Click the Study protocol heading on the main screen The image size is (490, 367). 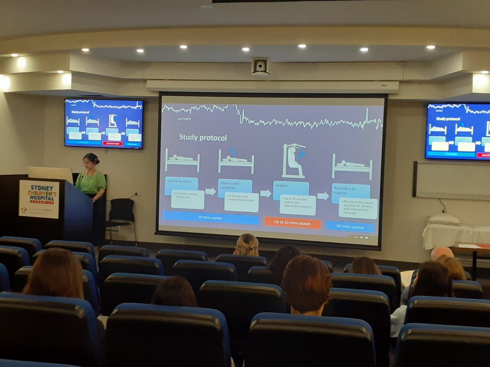203,137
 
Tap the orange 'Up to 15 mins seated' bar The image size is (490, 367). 292,223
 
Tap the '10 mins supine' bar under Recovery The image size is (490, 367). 350,226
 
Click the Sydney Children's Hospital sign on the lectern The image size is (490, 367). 39,199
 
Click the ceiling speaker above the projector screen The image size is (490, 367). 260,66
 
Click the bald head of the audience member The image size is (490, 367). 441,253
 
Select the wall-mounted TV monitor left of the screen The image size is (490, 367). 104,123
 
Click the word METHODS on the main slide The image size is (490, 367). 184,119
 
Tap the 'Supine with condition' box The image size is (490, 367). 234,186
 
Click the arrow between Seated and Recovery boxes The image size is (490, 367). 323,196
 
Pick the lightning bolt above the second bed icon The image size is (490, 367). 233,152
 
